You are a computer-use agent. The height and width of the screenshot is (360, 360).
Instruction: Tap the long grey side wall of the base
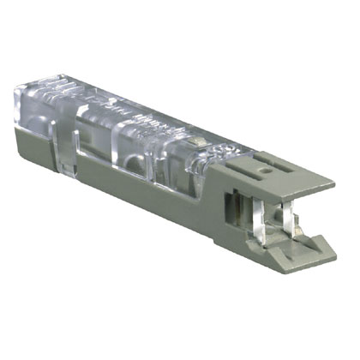coord(129,184)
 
